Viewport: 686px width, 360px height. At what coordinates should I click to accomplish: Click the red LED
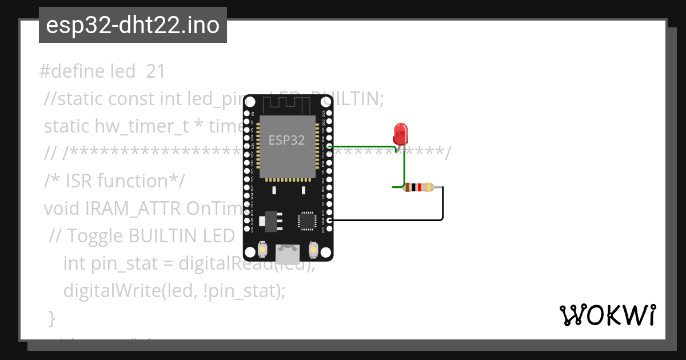click(x=400, y=134)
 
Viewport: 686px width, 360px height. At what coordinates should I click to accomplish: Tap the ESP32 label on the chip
click(x=287, y=139)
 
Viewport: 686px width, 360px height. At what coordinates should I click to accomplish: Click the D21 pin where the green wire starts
click(x=329, y=147)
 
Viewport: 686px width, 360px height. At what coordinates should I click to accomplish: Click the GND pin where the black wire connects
click(x=329, y=220)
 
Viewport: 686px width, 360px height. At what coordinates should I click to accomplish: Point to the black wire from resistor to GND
click(x=442, y=206)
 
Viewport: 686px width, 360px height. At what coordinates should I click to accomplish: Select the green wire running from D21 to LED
click(x=366, y=147)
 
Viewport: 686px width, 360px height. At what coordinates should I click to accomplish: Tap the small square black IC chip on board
click(x=307, y=220)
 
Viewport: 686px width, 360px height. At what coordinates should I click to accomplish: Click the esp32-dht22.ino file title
click(x=133, y=26)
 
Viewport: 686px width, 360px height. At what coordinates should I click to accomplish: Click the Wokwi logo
click(x=607, y=315)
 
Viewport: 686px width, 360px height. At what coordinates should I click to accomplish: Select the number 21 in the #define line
click(x=155, y=71)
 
